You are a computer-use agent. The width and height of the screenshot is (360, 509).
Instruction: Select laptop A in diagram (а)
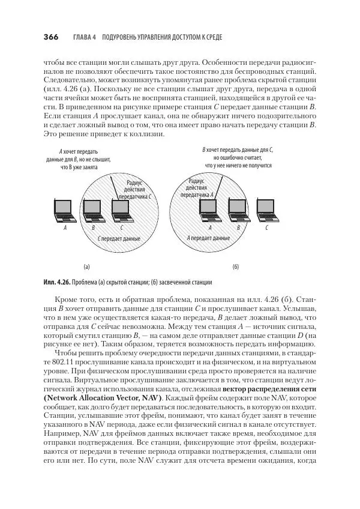63,208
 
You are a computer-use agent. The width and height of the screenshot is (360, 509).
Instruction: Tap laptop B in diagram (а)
93,208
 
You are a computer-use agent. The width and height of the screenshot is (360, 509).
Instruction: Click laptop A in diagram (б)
209,208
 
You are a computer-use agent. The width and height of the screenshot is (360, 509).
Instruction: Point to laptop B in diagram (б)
238,208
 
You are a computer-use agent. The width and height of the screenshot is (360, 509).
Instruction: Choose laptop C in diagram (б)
266,208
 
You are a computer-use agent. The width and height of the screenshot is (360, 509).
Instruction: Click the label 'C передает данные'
119,238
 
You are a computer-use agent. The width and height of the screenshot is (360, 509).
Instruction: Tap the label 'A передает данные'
208,238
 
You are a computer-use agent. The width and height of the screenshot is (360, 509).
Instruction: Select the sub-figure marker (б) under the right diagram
235,265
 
